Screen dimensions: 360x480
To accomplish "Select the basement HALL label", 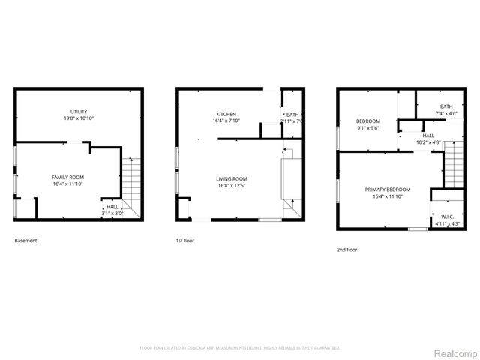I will point(112,207).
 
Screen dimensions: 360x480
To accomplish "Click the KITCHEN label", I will point(226,114).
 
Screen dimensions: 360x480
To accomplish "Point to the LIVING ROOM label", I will point(232,178).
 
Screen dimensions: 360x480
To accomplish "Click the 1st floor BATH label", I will point(292,115).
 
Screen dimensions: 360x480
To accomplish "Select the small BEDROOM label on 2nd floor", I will point(367,121).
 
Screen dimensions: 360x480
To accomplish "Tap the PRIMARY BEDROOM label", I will point(388,190).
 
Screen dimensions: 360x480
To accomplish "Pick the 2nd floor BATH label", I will point(446,106).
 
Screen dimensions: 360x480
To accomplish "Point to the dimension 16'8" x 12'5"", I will point(232,185).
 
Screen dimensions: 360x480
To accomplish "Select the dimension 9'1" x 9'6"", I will point(367,128).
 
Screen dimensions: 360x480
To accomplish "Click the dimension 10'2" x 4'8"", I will point(428,142).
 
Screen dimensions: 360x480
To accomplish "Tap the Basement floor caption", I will point(25,241).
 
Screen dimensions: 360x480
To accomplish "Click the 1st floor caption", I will point(184,241).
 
